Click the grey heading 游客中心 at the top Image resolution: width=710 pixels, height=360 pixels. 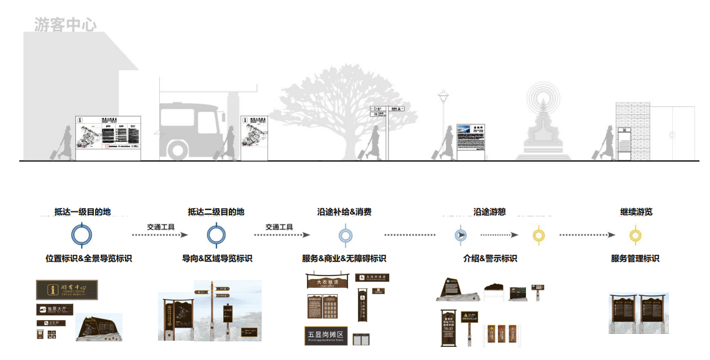(65, 25)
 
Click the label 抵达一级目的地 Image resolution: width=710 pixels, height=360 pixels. (82, 212)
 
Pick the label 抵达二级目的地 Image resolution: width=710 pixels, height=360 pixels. (216, 212)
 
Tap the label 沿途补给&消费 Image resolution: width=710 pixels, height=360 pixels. (344, 212)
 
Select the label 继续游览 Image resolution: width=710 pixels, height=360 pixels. (636, 212)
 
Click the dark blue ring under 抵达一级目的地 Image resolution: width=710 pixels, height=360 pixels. (82, 235)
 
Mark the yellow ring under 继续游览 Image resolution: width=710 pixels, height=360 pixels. (635, 235)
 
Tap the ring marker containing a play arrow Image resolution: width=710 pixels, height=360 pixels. (460, 235)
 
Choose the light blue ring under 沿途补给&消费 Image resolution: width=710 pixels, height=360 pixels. (345, 235)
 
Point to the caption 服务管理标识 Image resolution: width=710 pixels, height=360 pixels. (635, 259)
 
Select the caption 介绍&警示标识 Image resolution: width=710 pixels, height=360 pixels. (490, 259)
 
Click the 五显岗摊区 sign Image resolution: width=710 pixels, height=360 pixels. (326, 336)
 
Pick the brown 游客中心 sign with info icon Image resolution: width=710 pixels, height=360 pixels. (67, 289)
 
